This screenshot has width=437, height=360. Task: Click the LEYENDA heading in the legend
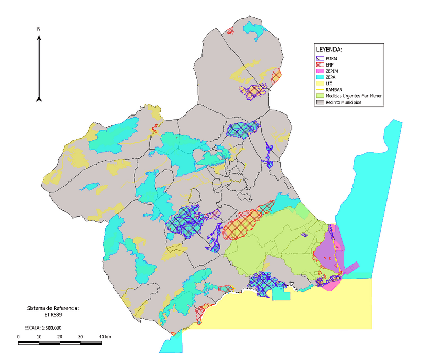point(329,50)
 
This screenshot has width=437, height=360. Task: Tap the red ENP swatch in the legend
point(319,64)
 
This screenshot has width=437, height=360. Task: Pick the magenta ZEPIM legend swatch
point(319,71)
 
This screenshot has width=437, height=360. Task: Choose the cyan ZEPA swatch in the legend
point(319,77)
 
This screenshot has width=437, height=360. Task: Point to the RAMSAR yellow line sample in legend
point(319,89)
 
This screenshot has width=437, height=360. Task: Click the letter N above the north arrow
point(39,29)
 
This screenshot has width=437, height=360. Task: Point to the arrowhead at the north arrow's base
point(39,98)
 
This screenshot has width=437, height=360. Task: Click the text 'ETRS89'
point(53,314)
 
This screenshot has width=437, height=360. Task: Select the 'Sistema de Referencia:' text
point(53,308)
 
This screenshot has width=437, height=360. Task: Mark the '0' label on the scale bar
point(19,337)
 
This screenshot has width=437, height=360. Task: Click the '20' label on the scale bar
point(60,337)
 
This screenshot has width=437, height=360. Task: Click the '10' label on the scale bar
point(39,337)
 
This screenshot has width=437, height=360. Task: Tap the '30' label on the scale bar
point(80,337)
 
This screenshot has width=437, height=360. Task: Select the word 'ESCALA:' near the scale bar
point(31,328)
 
